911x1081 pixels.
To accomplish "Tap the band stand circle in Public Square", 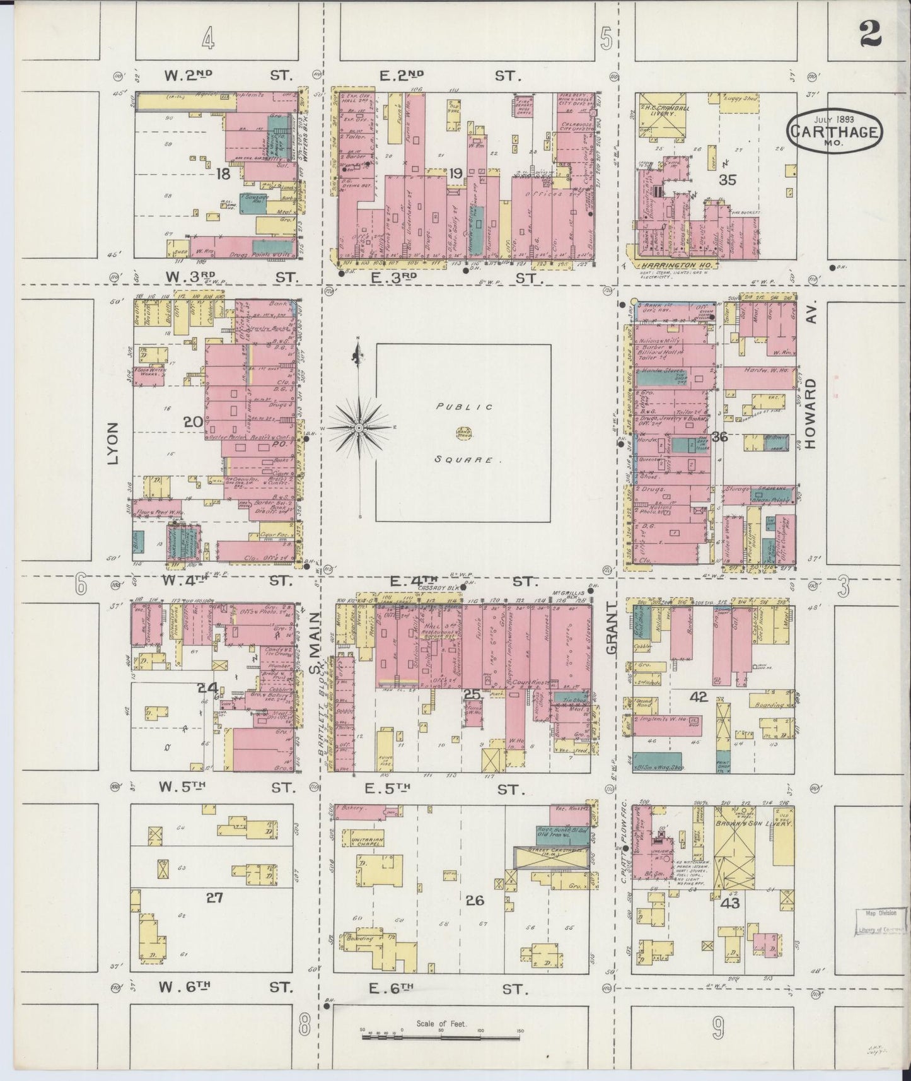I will coord(463,433).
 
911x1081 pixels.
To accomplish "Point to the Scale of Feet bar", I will coord(441,1034).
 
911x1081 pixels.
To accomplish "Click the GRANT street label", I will coord(610,631).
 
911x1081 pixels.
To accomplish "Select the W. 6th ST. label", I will coord(228,988).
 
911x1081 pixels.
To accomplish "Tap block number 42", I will coord(699,698).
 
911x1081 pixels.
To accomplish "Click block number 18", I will coord(223,173).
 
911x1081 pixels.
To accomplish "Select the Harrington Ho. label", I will coord(671,267).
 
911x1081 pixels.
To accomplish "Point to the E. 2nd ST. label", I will coord(449,76).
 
